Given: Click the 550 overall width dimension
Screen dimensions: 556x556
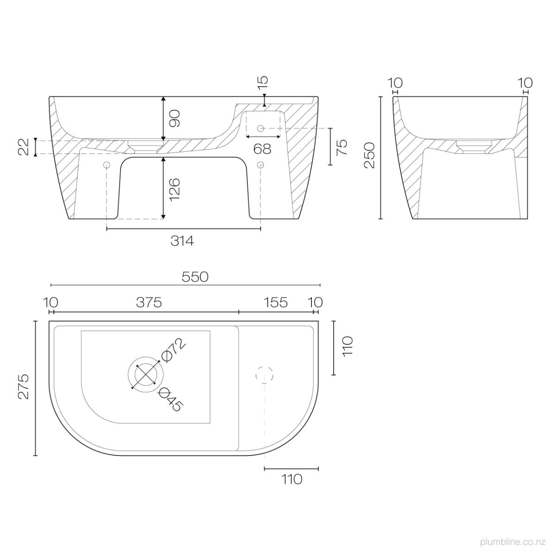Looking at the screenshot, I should (x=195, y=277).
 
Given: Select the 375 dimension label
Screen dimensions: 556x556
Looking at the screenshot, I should (x=149, y=303).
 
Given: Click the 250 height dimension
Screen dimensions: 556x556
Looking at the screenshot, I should (x=369, y=156).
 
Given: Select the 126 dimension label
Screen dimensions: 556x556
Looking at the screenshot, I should (x=175, y=188).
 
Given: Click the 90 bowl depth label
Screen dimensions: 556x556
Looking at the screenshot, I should (x=175, y=118).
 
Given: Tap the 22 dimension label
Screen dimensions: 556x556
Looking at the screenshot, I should (x=24, y=147).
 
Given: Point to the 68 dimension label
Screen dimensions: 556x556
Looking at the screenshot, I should (x=262, y=149).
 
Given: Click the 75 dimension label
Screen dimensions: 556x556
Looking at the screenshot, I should (x=342, y=146).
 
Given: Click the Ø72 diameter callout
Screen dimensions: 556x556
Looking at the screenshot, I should (x=173, y=350).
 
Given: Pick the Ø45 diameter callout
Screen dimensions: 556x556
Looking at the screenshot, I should (x=171, y=399).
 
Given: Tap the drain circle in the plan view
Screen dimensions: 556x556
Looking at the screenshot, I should (x=145, y=374).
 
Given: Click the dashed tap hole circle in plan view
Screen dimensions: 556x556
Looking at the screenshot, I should (x=265, y=374).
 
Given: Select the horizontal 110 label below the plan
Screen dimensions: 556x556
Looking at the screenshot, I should (x=291, y=479).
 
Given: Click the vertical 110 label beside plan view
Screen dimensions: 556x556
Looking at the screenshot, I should (x=348, y=346).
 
